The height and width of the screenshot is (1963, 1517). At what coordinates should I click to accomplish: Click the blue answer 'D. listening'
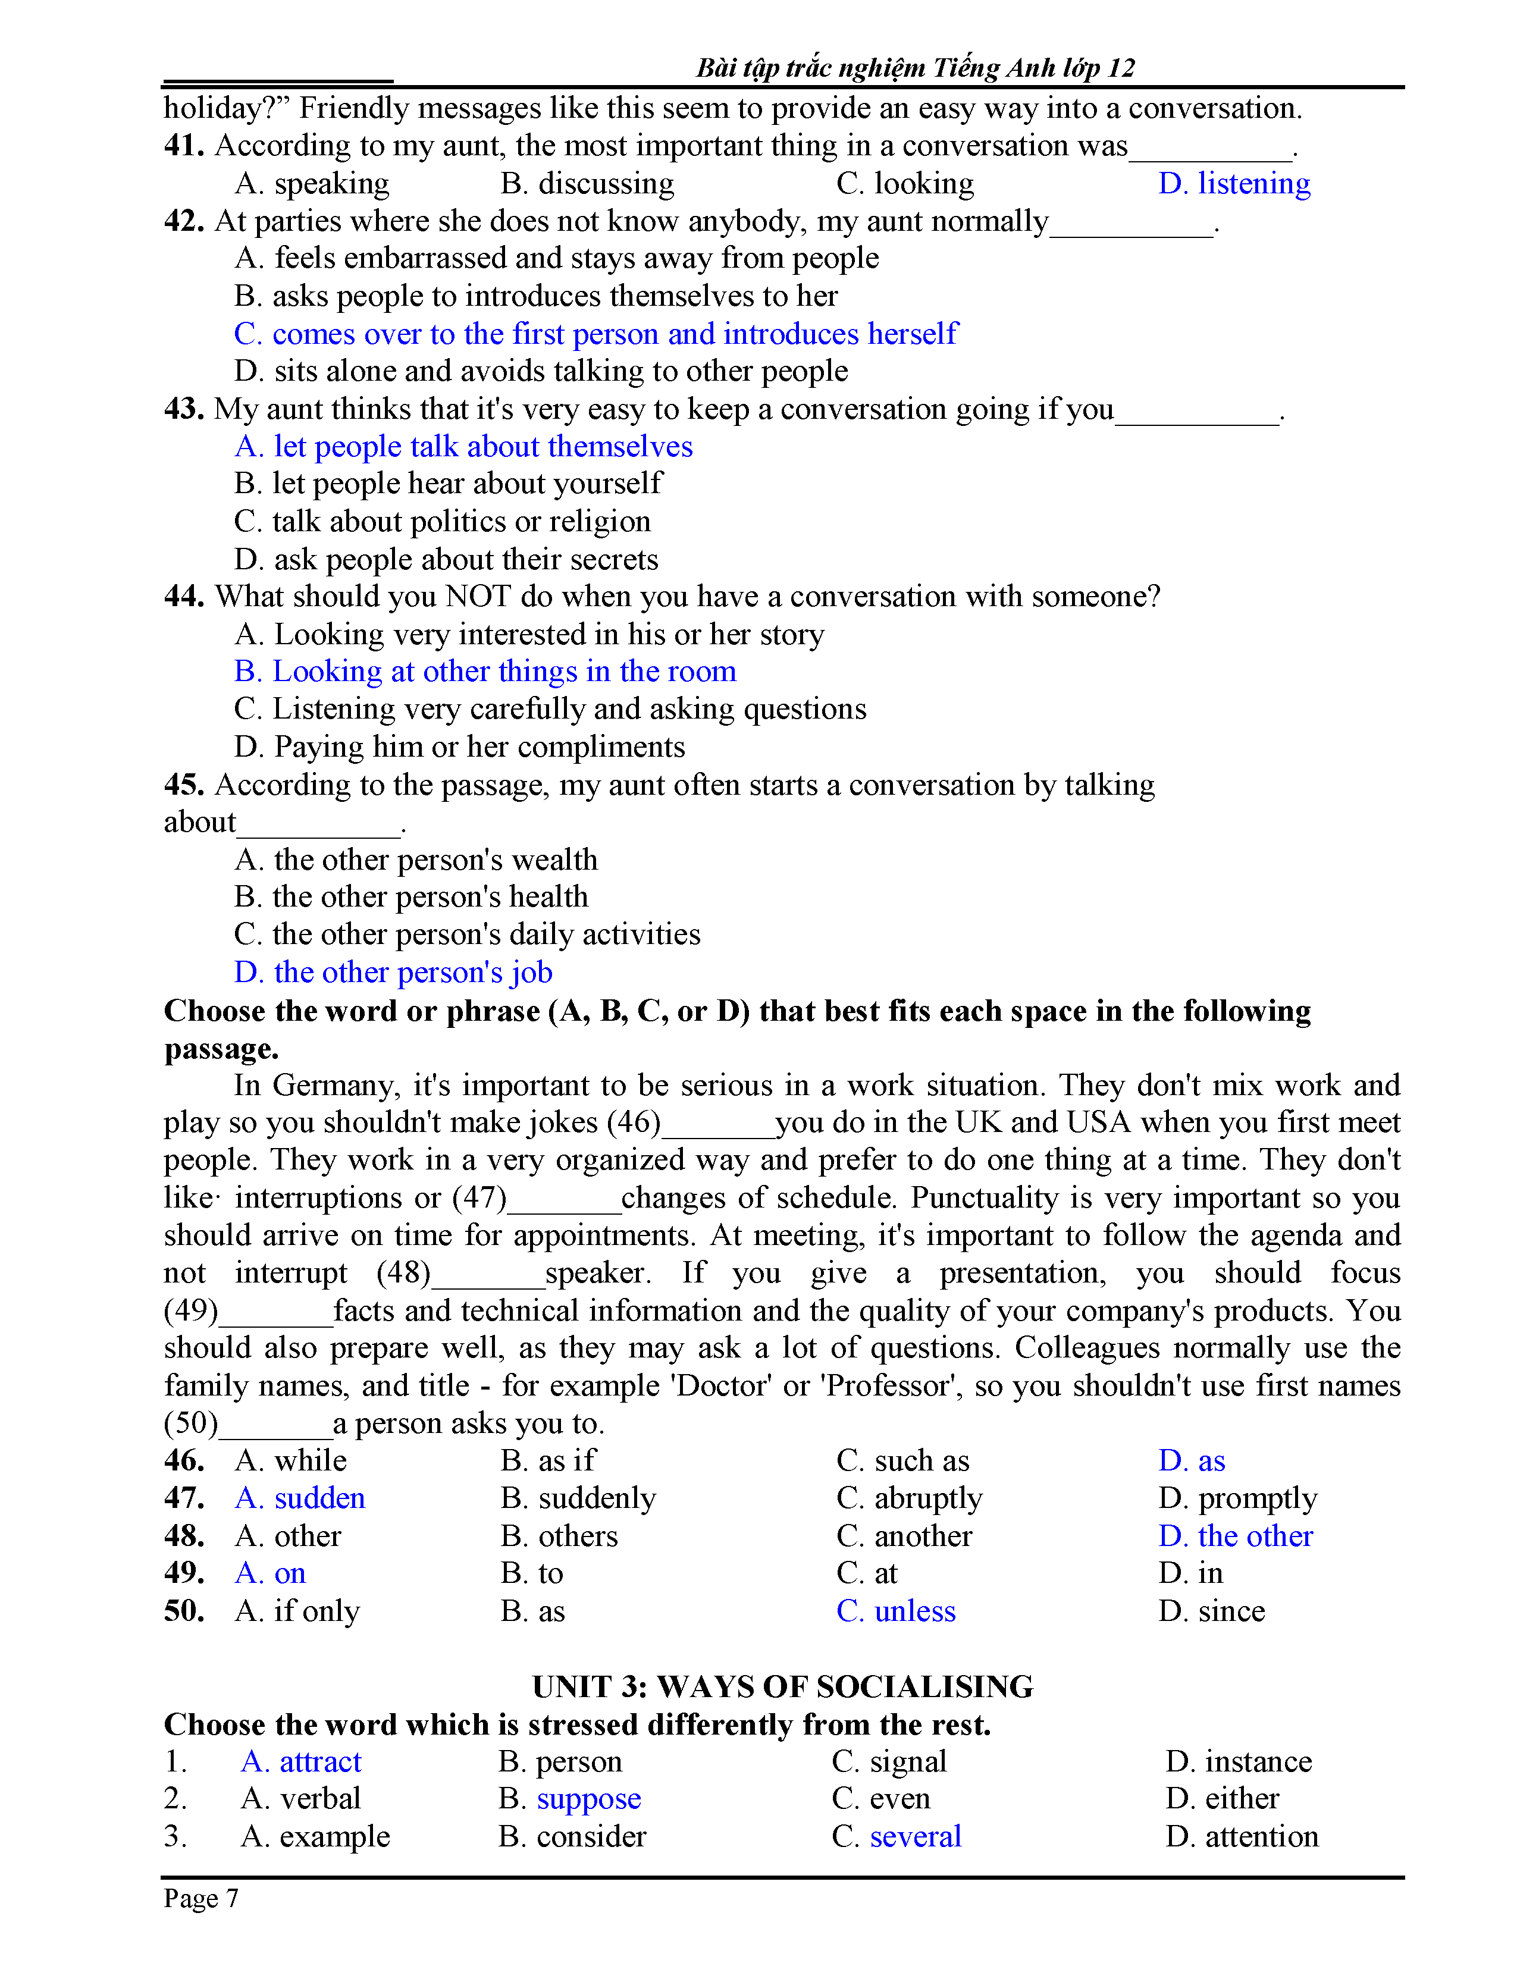click(1234, 183)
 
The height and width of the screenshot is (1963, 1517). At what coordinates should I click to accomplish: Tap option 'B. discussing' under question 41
click(587, 183)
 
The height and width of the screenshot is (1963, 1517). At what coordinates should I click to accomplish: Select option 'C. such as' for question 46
click(902, 1460)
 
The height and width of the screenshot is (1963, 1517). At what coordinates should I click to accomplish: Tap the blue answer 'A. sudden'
click(300, 1498)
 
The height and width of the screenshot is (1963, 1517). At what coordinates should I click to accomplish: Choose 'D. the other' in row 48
click(1236, 1536)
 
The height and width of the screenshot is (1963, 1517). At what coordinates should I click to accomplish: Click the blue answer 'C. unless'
click(895, 1611)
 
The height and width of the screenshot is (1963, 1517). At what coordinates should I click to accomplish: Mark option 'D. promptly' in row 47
click(1237, 1498)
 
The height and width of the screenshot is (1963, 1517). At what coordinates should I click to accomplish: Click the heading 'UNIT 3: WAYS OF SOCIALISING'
click(783, 1686)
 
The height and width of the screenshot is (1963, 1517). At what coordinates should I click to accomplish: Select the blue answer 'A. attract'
click(301, 1762)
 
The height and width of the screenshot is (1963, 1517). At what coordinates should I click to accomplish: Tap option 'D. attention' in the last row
click(1242, 1837)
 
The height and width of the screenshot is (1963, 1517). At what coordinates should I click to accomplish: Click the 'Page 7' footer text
click(201, 1898)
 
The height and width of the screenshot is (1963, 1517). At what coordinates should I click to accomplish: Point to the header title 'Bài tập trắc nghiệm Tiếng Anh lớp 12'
click(915, 68)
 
